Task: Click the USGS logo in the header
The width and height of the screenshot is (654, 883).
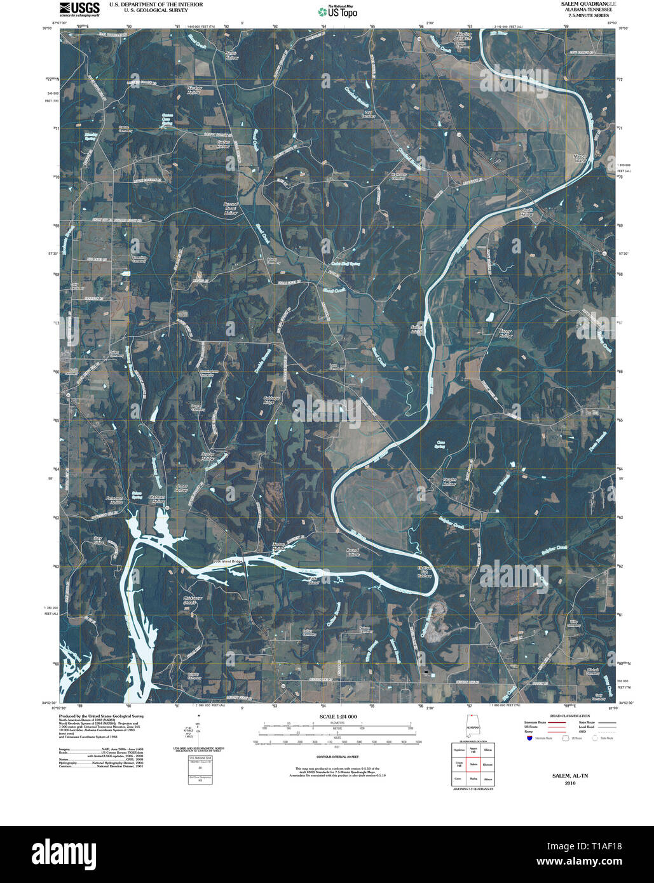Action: click(79, 8)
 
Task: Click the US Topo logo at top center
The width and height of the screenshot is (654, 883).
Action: click(337, 11)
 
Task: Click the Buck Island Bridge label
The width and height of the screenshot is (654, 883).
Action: click(228, 562)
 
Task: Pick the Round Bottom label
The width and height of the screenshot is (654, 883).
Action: click(353, 552)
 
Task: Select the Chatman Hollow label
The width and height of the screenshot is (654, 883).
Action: click(157, 499)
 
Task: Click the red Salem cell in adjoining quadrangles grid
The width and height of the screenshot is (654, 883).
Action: click(473, 764)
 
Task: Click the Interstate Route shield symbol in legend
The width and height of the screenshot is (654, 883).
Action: click(529, 738)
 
